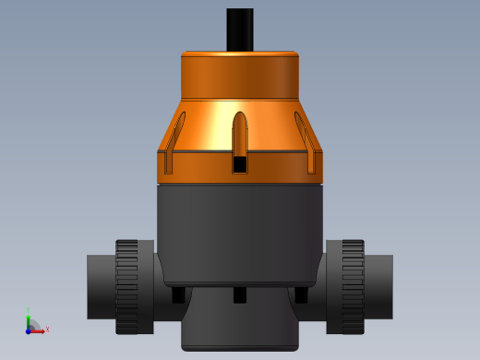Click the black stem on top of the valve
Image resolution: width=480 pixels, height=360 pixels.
[240, 29]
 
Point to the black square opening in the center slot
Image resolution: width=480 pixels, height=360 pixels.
[240, 164]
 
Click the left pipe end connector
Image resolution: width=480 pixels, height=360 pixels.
[100, 286]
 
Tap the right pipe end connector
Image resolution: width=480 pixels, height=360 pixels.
[379, 286]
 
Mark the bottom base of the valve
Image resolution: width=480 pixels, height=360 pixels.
[240, 328]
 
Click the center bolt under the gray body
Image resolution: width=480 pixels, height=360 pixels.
[240, 294]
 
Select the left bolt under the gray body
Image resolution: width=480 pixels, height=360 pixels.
[178, 294]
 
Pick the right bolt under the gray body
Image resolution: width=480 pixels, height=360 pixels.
[301, 294]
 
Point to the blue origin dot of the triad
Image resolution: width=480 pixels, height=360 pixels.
[29, 330]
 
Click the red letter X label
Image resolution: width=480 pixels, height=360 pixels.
[47, 329]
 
